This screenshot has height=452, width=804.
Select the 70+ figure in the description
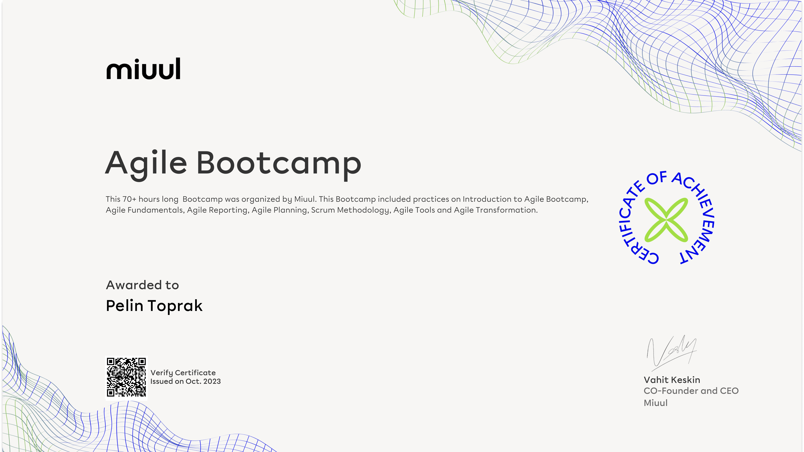click(x=129, y=199)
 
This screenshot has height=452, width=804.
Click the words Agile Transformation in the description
click(x=496, y=210)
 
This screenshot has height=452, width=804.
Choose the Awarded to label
click(x=142, y=285)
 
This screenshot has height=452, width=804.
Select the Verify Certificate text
click(x=183, y=373)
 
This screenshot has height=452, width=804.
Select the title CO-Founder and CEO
click(x=691, y=391)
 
